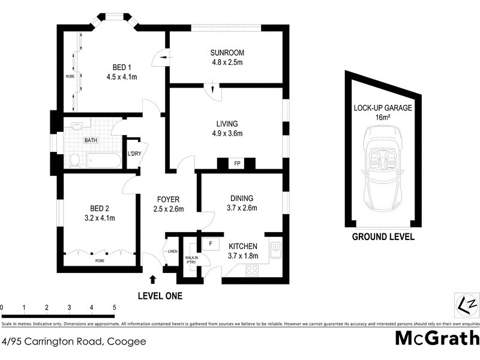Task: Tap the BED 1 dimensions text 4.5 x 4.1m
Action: [122, 77]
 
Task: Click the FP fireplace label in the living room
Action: [236, 163]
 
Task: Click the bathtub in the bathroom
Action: [103, 160]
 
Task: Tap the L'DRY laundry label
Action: [133, 154]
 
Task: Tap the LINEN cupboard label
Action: [172, 251]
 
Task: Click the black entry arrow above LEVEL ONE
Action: [153, 279]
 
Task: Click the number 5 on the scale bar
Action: [114, 308]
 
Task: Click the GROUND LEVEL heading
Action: [383, 236]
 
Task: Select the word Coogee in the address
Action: [126, 342]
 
